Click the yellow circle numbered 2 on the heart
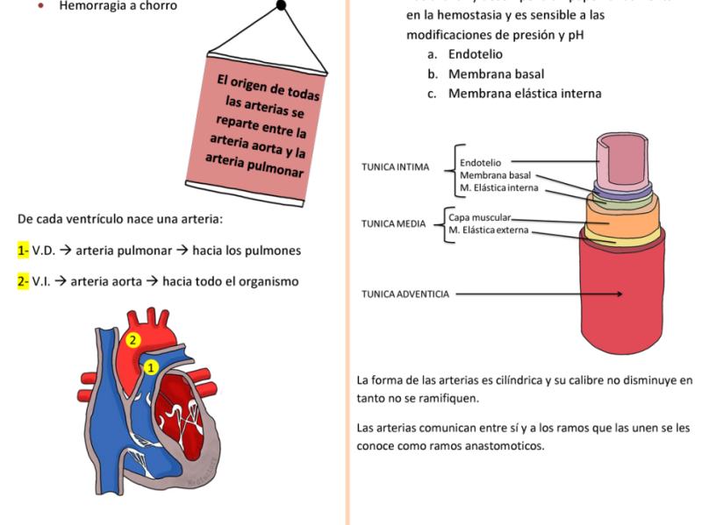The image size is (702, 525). tap(133, 339)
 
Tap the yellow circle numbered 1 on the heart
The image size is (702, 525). tap(150, 367)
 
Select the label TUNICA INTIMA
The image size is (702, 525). tap(396, 167)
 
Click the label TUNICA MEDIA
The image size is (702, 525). tap(393, 223)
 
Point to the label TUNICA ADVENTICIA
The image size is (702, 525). tap(405, 294)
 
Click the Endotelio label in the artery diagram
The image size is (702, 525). tap(481, 162)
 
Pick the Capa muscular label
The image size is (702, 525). tap(479, 216)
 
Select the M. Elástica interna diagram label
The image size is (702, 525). tap(499, 188)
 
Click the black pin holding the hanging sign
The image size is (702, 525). tap(281, 6)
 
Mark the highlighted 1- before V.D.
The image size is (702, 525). tap(23, 251)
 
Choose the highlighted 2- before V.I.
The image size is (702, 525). tap(23, 281)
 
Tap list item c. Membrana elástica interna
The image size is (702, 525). tap(525, 93)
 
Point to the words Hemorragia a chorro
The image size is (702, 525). tap(118, 6)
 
